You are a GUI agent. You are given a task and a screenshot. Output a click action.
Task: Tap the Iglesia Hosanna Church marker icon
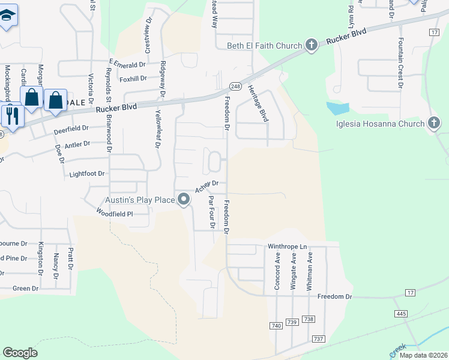434,124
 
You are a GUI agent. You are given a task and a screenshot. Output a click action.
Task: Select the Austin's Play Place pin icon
183,200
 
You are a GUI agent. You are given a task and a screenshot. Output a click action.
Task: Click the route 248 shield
235,86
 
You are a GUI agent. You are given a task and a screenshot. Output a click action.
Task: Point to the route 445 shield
402,314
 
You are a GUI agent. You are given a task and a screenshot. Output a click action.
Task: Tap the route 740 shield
276,325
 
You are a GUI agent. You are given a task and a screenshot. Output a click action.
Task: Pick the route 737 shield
318,339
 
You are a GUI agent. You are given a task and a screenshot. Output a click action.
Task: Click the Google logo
20,353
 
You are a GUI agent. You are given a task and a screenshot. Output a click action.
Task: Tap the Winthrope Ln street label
287,246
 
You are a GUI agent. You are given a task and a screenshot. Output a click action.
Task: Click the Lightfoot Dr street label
87,173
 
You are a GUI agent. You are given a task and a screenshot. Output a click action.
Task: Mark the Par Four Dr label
211,212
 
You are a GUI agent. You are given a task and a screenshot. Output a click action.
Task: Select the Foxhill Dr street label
133,78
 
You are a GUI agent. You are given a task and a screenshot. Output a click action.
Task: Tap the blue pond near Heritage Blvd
337,109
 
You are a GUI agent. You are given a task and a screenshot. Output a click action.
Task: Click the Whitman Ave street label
310,271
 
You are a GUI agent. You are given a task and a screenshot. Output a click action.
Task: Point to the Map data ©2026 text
423,355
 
